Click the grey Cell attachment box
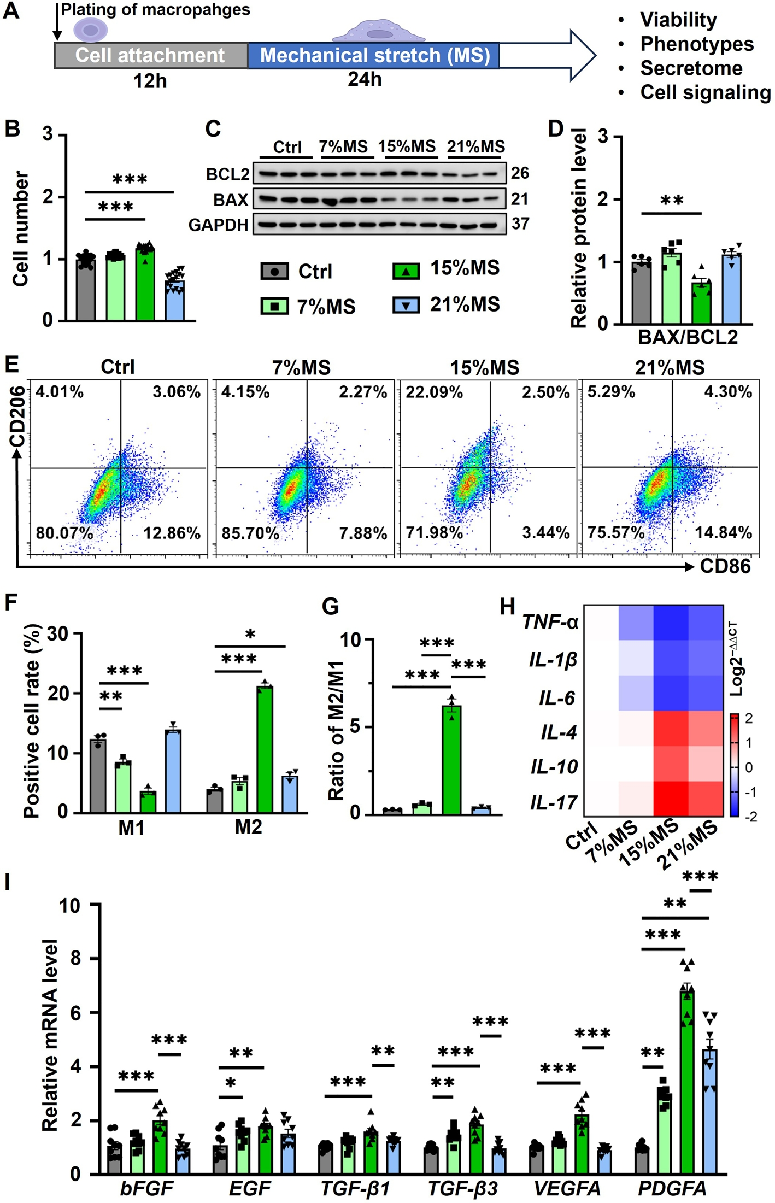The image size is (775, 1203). tap(151, 55)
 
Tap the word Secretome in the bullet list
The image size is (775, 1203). tap(691, 68)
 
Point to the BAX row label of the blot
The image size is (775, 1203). tap(231, 199)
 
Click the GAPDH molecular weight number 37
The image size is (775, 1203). tap(520, 224)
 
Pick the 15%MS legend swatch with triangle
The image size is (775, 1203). tap(406, 270)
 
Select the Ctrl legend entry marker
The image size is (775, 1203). tap(274, 271)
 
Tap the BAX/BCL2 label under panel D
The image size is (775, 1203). tap(688, 337)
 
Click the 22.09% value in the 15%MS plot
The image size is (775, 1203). tap(435, 392)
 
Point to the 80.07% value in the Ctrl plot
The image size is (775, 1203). tap(64, 532)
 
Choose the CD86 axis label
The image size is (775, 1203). tap(725, 566)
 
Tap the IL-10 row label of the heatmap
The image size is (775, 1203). tap(554, 767)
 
